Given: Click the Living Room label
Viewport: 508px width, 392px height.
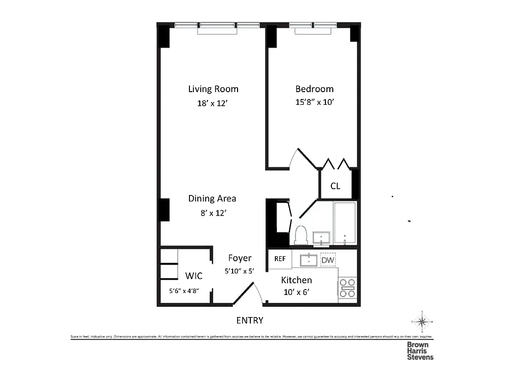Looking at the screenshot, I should [213, 89].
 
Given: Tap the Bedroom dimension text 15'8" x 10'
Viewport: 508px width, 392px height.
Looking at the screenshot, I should [314, 103].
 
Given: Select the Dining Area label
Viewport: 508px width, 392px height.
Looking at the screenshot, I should [212, 198].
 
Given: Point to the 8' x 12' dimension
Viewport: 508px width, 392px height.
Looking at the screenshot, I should [212, 213].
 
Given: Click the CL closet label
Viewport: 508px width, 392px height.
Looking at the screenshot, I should [335, 186].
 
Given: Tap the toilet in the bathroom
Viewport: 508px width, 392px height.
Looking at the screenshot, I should [300, 235].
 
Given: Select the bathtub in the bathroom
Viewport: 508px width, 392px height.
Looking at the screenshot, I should [345, 223].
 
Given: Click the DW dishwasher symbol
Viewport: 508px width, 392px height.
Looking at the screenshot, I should [327, 260].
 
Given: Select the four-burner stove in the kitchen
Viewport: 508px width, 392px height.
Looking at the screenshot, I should [348, 288].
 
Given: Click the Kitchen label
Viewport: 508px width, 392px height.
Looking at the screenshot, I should [296, 280].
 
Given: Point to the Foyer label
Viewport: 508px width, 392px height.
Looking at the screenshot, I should [240, 258].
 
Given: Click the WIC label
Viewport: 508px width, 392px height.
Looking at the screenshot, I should [193, 276].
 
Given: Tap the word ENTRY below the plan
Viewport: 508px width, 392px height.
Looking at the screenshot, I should [249, 320].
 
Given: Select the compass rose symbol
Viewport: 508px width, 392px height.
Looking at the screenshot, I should [421, 321].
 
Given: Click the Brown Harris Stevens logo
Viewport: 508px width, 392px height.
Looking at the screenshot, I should [420, 351].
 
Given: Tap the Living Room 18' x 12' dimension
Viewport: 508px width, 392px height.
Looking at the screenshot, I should [213, 103].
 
